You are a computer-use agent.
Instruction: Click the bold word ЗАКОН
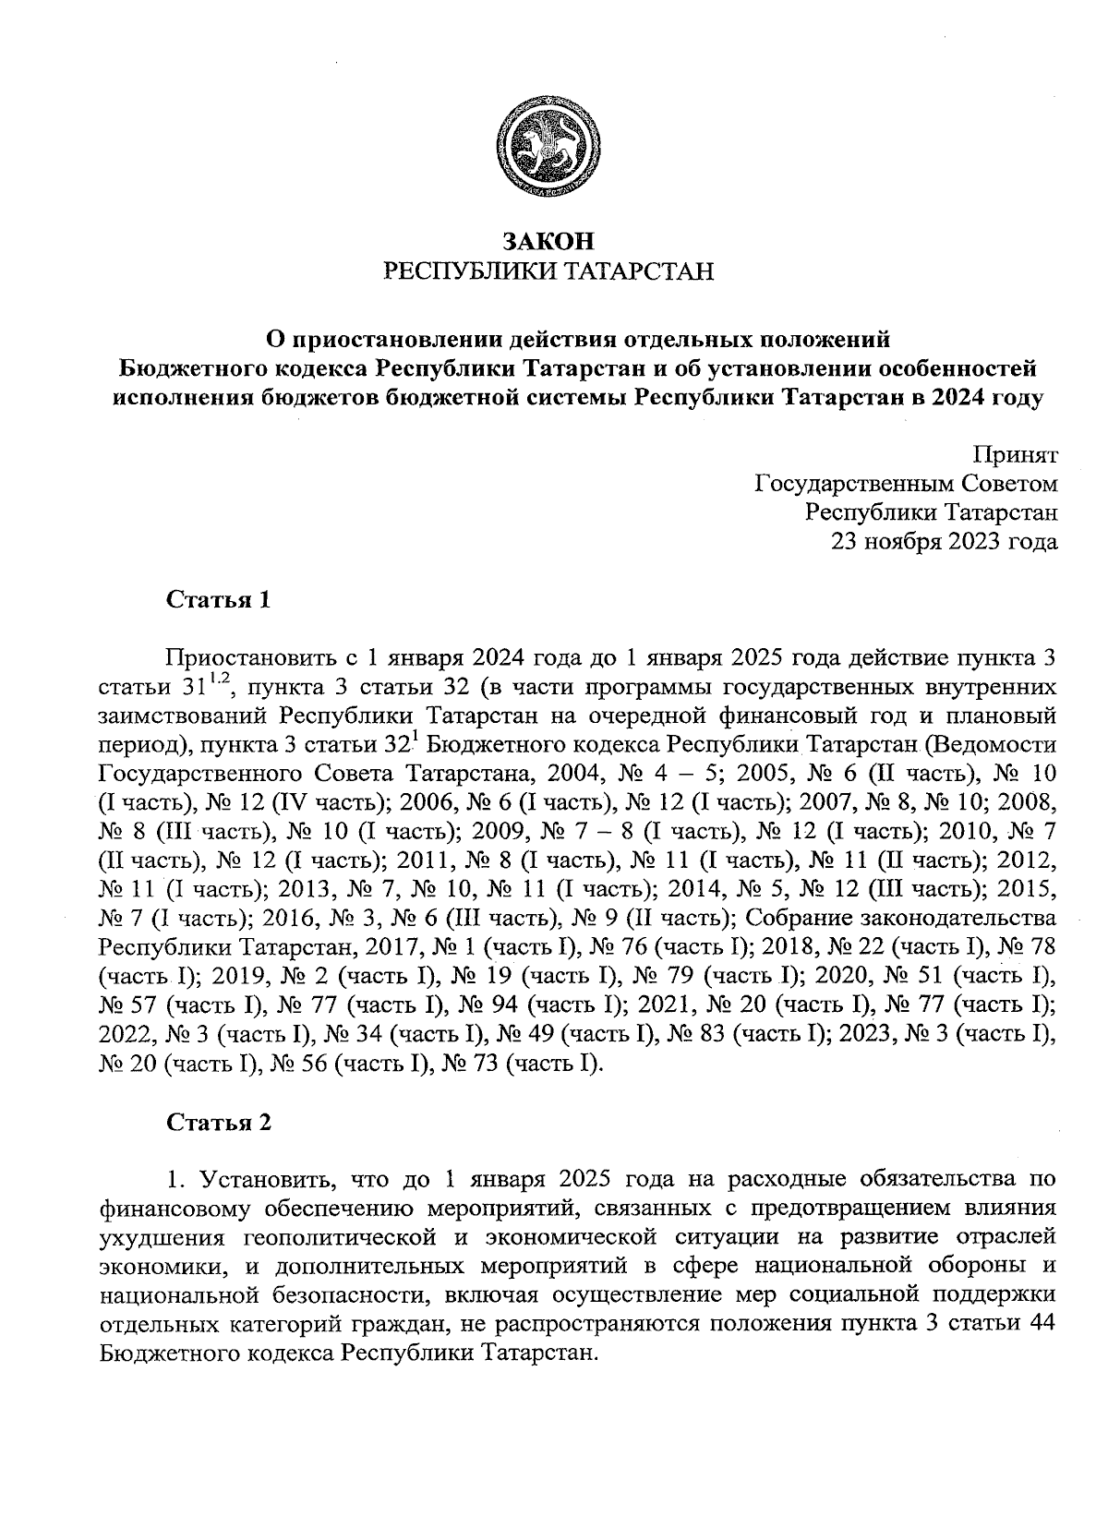(x=548, y=242)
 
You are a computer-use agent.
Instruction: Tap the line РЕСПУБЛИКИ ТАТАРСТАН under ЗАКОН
(x=548, y=271)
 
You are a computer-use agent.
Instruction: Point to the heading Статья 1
(x=219, y=600)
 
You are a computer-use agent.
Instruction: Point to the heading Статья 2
(x=219, y=1123)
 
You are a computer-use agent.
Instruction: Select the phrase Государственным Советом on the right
(x=906, y=484)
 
